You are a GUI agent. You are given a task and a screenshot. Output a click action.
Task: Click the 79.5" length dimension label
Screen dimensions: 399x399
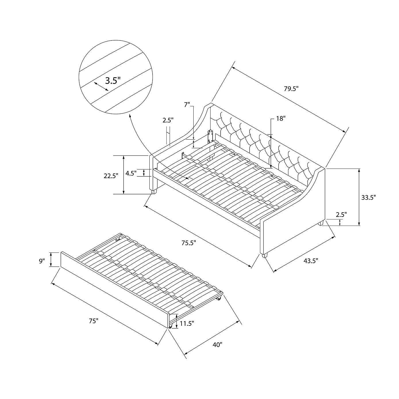(291, 88)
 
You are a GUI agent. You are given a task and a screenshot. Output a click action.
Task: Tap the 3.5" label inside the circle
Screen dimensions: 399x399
(113, 81)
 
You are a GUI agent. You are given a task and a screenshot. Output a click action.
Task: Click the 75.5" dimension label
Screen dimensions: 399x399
(189, 243)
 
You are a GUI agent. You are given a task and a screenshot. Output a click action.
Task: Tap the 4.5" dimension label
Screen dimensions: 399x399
(131, 173)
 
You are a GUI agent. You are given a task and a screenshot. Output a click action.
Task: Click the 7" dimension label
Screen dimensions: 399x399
(187, 105)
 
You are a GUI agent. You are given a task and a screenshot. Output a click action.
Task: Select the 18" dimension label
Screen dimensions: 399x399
(281, 119)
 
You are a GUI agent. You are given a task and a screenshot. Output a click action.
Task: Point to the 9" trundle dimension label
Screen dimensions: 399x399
(42, 261)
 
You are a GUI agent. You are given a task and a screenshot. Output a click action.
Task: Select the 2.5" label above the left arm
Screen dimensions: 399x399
(168, 120)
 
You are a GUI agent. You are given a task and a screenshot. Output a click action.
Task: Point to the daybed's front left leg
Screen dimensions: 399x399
(154, 192)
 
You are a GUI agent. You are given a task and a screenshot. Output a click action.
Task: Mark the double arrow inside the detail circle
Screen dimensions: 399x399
(101, 86)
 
